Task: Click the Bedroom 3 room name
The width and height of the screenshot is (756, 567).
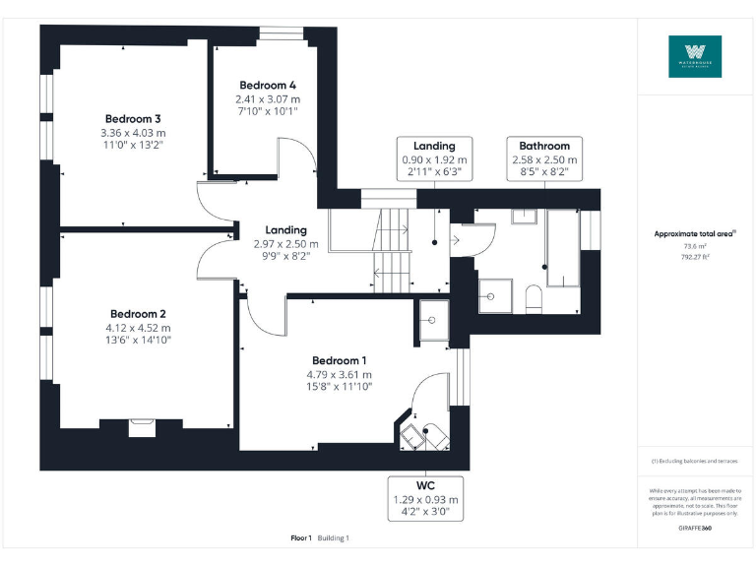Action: (133, 118)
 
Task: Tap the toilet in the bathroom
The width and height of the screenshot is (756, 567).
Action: (533, 298)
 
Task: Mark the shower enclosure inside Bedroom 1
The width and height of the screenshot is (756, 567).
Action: (433, 318)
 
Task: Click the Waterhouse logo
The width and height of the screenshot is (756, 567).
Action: (695, 57)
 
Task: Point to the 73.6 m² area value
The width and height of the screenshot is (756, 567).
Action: (695, 247)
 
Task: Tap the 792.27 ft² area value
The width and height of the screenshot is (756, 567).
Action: (695, 257)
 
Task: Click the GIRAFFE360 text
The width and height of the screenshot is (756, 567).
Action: (695, 529)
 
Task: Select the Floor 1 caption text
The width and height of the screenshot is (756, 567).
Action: (301, 538)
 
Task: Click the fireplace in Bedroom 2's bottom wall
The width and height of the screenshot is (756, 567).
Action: (142, 426)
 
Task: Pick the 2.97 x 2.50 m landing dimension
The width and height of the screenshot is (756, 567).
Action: (285, 243)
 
